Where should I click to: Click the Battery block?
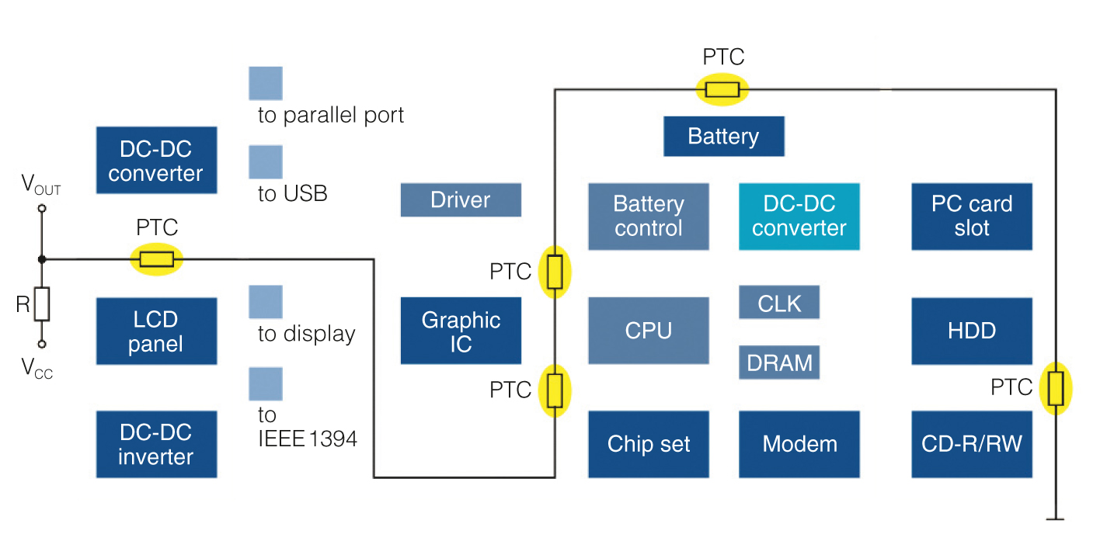(x=724, y=137)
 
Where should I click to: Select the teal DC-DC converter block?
(x=799, y=217)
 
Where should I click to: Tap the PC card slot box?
(x=972, y=217)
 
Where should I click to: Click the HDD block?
(x=972, y=331)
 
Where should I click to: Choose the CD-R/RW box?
(x=972, y=444)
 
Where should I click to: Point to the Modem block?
(x=799, y=444)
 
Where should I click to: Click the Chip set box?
(x=649, y=444)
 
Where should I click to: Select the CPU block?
(x=649, y=331)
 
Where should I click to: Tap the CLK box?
(x=779, y=302)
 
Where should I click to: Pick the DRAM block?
(x=779, y=362)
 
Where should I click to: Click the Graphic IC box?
(x=461, y=331)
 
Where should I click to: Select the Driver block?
(x=461, y=199)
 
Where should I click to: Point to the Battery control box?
(x=649, y=217)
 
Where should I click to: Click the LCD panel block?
(x=156, y=331)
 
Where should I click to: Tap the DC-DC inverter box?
(x=156, y=444)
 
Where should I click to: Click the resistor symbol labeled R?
(x=42, y=304)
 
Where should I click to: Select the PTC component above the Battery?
(x=722, y=89)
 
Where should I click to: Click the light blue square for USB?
(x=265, y=162)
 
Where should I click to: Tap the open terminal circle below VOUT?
(x=42, y=209)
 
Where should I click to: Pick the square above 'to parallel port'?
(x=265, y=83)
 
